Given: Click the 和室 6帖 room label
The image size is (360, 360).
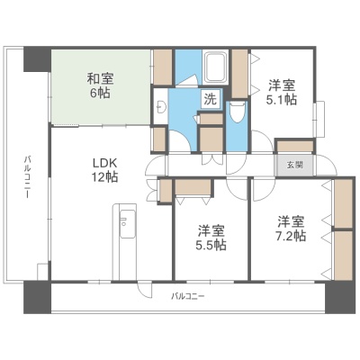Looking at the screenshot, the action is pyautogui.click(x=100, y=85).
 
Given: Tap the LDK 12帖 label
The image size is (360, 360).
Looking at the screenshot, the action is pyautogui.click(x=104, y=170).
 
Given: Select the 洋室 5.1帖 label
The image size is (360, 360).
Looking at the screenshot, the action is pyautogui.click(x=282, y=92).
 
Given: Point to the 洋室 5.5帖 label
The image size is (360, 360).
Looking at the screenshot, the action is pyautogui.click(x=211, y=238).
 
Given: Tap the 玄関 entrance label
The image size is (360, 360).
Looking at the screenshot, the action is pyautogui.click(x=294, y=165).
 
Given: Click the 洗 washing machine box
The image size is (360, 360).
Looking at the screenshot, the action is pyautogui.click(x=211, y=99).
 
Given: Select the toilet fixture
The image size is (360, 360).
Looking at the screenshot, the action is pyautogui.click(x=238, y=112).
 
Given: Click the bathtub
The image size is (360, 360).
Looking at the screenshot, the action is pyautogui.click(x=215, y=67).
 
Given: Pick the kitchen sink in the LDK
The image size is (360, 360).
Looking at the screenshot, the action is pyautogui.click(x=128, y=223).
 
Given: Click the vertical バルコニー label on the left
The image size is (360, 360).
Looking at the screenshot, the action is pyautogui.click(x=27, y=176).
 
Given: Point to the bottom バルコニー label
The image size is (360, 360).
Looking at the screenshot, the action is pyautogui.click(x=188, y=296).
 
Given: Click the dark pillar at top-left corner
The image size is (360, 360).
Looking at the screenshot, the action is pyautogui.click(x=37, y=59).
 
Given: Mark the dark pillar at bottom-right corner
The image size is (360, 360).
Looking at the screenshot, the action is pyautogui.click(x=340, y=297).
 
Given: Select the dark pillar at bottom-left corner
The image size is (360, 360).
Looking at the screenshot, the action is pyautogui.click(x=37, y=297).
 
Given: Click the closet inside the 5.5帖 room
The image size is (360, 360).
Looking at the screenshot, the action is pyautogui.click(x=193, y=187).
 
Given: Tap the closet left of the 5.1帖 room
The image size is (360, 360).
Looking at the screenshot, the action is pyautogui.click(x=239, y=74).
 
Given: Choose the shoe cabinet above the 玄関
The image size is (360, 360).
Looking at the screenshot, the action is pyautogui.click(x=295, y=147).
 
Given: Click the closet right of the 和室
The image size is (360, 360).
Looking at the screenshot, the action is pyautogui.click(x=162, y=67).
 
